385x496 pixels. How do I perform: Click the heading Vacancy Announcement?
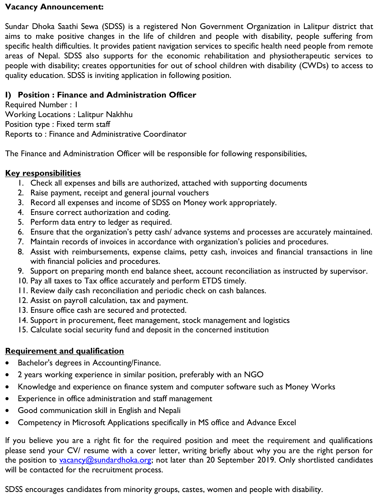(x=54, y=7)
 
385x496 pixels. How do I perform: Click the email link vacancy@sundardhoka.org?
(x=105, y=460)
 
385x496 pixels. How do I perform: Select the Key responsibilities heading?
(x=43, y=173)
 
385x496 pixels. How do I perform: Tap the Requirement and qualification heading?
(x=65, y=351)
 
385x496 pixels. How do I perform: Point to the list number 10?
(x=23, y=281)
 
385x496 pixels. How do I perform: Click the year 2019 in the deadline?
(x=264, y=460)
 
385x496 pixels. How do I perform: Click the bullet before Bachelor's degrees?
(x=7, y=363)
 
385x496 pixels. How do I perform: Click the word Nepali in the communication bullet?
(x=169, y=411)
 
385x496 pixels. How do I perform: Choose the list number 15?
(x=23, y=330)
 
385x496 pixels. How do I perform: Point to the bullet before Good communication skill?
(x=7, y=411)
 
